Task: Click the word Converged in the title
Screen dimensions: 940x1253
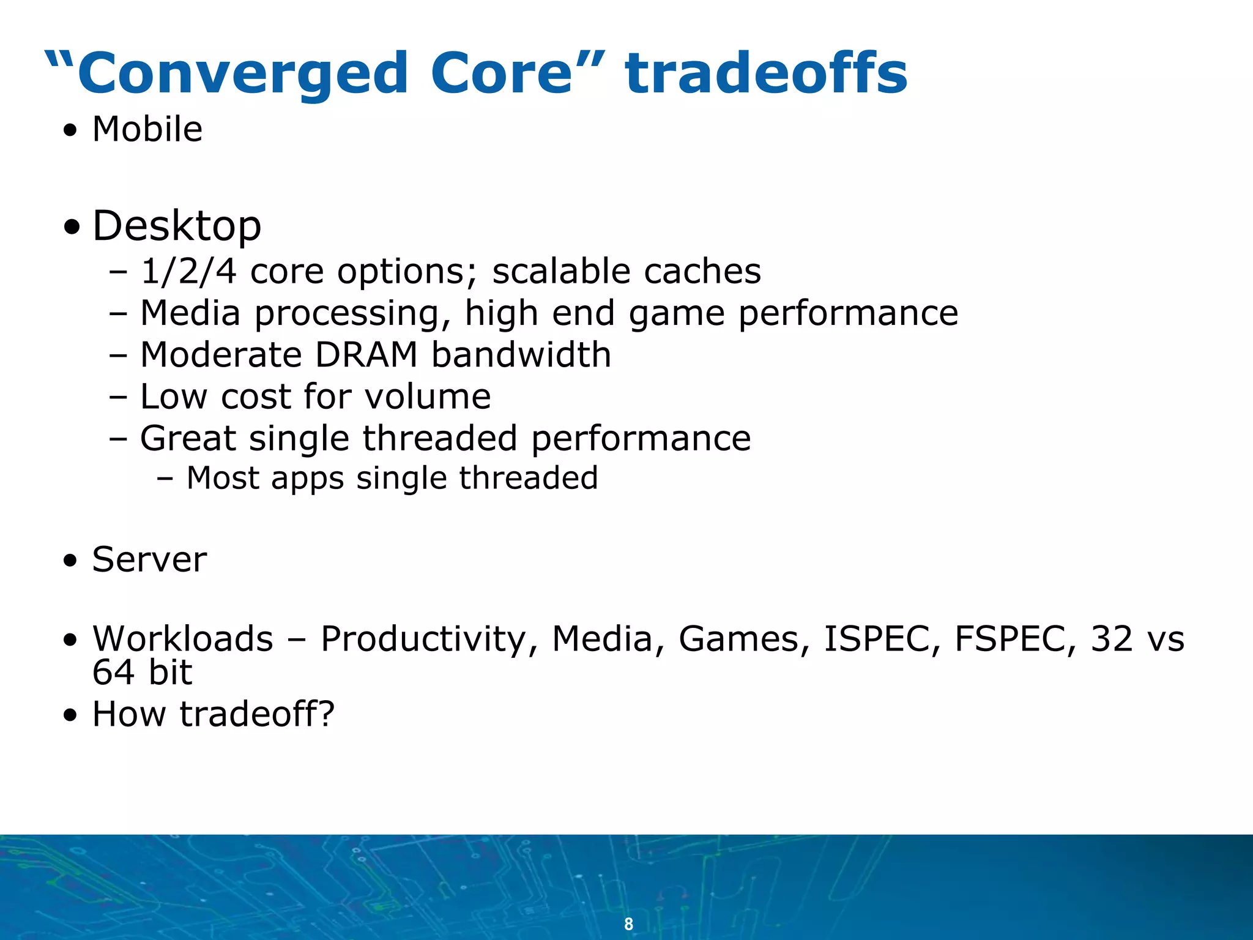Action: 242,73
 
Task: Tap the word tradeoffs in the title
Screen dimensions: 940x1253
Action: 766,73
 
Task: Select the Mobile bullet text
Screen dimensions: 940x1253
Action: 147,129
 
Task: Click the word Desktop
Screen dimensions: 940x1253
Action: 177,226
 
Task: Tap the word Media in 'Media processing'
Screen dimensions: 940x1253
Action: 190,313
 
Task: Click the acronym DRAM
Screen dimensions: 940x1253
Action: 366,354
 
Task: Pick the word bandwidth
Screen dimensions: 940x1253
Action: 521,354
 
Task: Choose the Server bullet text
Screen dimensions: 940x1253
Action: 149,559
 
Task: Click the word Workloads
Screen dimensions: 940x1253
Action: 182,639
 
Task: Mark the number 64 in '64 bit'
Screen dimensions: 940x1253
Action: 113,673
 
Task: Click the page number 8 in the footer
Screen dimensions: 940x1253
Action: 628,924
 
